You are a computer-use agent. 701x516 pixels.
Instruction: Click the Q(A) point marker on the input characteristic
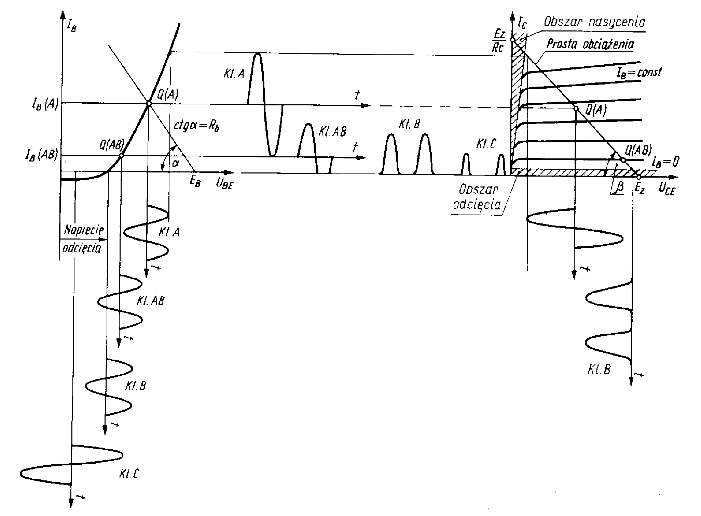149,103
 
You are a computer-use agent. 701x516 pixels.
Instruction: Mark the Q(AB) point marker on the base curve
121,156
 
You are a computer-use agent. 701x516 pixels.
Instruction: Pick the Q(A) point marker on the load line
576,108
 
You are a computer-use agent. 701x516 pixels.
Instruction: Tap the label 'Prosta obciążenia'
590,44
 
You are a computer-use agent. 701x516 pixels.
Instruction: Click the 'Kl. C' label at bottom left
129,474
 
